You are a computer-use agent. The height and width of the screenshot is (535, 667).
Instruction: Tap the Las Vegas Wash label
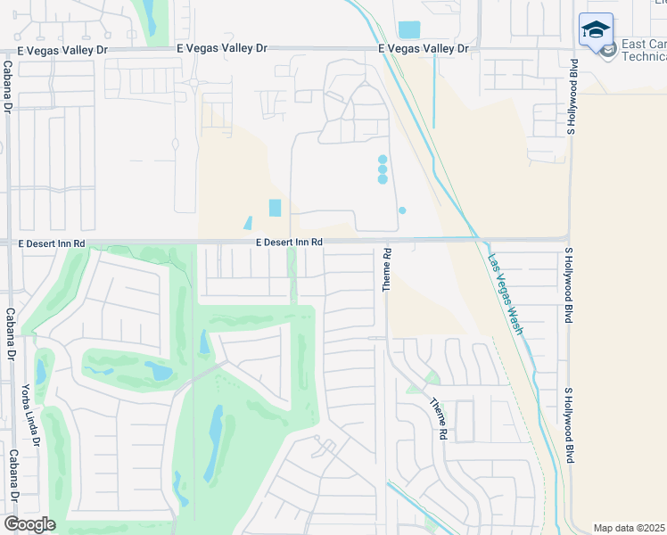pos(505,294)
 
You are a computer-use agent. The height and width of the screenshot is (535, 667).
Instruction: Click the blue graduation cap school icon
pos(596,31)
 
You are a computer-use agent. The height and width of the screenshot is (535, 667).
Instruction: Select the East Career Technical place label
pos(644,50)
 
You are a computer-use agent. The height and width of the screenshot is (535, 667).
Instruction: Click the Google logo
pos(29,524)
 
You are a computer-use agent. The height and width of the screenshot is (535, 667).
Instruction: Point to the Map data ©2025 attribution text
pos(629,528)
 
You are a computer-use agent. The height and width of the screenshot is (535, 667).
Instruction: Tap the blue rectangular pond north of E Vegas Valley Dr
pos(408,29)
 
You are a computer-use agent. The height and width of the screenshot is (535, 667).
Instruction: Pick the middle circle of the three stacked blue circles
pos(383,169)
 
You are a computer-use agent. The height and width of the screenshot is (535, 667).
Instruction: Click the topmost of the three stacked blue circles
pos(383,160)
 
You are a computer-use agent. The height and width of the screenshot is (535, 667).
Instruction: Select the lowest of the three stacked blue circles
pos(383,179)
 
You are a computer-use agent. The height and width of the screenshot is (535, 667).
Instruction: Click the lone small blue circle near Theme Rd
pos(402,210)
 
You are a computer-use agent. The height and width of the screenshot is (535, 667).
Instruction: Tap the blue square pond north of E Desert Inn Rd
pos(275,208)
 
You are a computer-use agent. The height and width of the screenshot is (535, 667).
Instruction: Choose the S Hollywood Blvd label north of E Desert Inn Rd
pos(572,98)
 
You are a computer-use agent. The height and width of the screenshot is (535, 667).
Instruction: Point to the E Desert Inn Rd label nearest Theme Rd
pos(288,242)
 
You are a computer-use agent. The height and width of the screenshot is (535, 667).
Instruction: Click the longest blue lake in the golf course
pos(215,442)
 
